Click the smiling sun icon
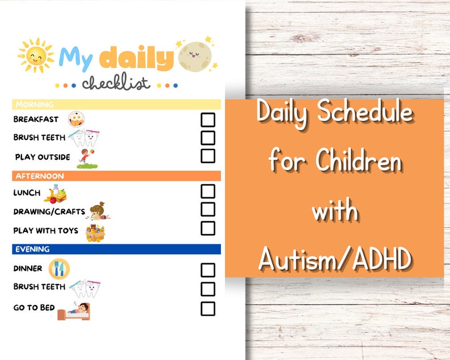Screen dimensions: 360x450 35,56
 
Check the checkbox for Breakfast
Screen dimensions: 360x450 208,120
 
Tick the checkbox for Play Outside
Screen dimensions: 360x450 208,156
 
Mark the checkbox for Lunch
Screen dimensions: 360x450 208,191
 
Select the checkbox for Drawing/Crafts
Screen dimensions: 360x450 208,209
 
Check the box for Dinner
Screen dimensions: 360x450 208,270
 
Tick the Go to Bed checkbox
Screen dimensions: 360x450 208,308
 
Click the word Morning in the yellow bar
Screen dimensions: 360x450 35,104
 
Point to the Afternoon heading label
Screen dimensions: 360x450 40,176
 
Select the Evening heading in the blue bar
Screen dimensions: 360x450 33,249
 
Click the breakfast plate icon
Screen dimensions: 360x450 77,119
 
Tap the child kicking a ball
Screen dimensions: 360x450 87,158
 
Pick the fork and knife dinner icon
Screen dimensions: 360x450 59,268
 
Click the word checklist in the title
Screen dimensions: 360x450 116,83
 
